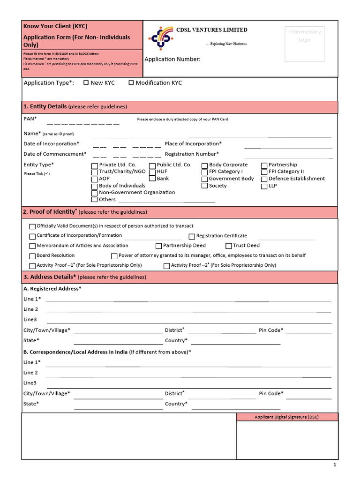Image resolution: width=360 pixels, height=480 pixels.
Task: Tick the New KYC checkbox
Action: pyautogui.click(x=86, y=83)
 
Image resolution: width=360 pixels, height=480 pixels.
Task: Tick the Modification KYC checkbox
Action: pyautogui.click(x=131, y=83)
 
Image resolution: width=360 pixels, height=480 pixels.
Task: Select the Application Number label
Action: pyautogui.click(x=172, y=59)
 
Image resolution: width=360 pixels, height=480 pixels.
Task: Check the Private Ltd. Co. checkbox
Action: pyautogui.click(x=95, y=165)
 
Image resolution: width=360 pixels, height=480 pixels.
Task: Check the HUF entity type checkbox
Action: pyautogui.click(x=152, y=172)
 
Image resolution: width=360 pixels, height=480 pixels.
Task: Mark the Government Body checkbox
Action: pyautogui.click(x=204, y=179)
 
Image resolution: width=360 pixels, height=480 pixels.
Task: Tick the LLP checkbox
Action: pyautogui.click(x=264, y=186)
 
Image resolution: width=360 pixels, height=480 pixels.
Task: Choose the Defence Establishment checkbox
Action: pyautogui.click(x=264, y=179)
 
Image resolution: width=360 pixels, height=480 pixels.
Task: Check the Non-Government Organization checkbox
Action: pyautogui.click(x=95, y=193)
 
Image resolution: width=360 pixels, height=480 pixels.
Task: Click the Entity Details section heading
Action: pyautogui.click(x=45, y=107)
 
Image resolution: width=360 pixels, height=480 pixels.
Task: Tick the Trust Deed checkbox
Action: pyautogui.click(x=229, y=246)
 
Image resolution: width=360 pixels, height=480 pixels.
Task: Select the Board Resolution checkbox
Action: pyautogui.click(x=32, y=256)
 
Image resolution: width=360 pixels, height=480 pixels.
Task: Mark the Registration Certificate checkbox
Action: pyautogui.click(x=192, y=236)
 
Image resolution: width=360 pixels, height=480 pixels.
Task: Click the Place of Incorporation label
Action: pyautogui.click(x=193, y=144)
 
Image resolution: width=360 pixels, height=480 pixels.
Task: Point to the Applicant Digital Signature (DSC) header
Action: pyautogui.click(x=286, y=417)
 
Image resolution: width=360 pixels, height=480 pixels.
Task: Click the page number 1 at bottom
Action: pyautogui.click(x=335, y=465)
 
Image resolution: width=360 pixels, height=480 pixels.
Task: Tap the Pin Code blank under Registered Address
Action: pyautogui.click(x=308, y=331)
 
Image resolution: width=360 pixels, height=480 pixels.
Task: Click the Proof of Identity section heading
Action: pyautogui.click(x=50, y=212)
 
